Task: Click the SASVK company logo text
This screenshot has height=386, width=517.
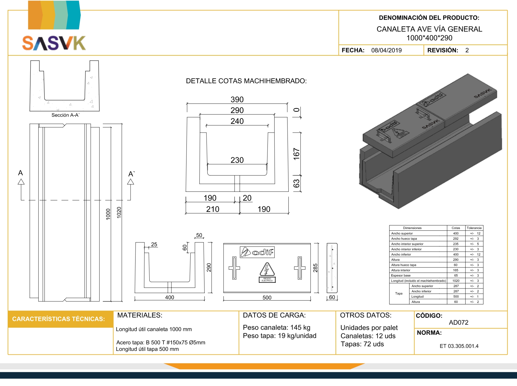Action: (x=54, y=43)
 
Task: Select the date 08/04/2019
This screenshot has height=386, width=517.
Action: (x=386, y=50)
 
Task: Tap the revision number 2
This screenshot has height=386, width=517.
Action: (x=467, y=50)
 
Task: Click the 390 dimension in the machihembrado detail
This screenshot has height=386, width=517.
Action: (x=237, y=100)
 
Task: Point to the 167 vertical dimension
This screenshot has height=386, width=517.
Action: (x=296, y=154)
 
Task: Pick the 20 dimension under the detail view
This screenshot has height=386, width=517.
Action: (x=247, y=198)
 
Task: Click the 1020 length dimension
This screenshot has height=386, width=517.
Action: (x=119, y=212)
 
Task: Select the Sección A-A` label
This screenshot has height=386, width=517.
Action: (x=65, y=115)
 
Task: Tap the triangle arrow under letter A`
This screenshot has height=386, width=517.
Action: (x=131, y=182)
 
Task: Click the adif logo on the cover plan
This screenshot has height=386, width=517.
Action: (x=257, y=252)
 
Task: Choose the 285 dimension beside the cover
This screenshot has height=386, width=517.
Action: (x=315, y=268)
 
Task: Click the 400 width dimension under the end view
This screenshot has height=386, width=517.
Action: (x=169, y=297)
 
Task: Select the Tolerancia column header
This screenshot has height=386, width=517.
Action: (x=474, y=228)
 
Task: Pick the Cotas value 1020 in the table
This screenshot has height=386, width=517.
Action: (x=456, y=281)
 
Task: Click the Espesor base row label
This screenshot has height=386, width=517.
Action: (x=401, y=276)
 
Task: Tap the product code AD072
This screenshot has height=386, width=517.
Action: (x=458, y=323)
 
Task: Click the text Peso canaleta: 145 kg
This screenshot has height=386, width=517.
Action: (x=276, y=328)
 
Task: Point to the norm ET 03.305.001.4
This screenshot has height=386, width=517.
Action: (x=459, y=346)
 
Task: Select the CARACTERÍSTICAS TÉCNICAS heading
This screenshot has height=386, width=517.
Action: (x=58, y=319)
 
